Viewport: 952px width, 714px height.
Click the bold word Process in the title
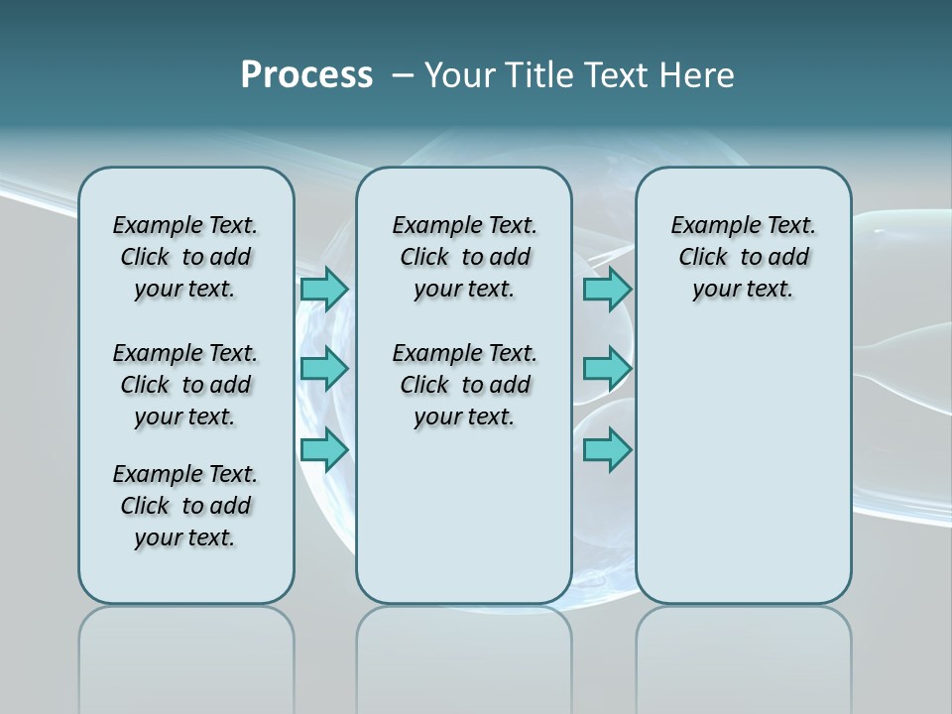305,75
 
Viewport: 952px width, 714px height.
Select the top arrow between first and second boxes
323,289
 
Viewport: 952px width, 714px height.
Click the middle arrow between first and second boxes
323,369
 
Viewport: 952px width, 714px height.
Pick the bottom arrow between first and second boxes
323,450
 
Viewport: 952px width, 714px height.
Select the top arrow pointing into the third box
607,289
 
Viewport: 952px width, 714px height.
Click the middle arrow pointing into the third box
607,369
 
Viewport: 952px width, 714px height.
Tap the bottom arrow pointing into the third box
607,450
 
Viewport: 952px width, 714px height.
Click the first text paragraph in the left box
185,257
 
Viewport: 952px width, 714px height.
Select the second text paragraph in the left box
185,385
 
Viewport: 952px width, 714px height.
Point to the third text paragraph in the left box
185,506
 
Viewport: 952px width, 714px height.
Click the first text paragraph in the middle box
464,257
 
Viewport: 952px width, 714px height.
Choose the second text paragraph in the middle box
464,385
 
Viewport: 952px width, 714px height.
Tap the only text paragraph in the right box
744,257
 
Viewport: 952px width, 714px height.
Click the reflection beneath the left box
186,654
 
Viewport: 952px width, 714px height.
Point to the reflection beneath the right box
744,654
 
